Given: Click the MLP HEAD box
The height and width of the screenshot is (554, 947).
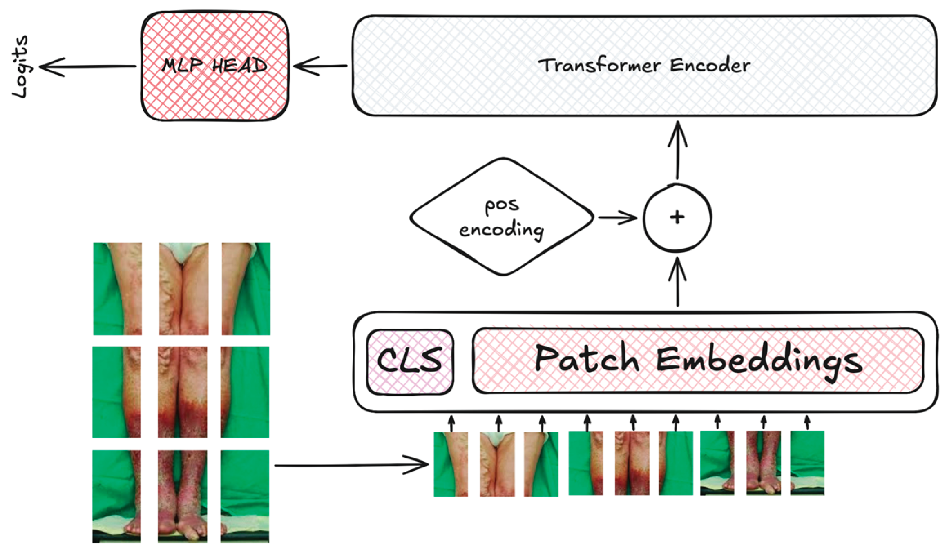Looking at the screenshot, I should click(x=214, y=66).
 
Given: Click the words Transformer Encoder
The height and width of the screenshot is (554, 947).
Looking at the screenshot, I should click(x=644, y=66).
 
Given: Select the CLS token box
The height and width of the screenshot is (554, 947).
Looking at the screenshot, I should click(x=410, y=362).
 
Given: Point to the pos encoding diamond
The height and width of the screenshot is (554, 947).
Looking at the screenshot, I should click(x=502, y=217).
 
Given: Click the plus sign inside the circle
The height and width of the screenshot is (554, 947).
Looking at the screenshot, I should click(x=677, y=217).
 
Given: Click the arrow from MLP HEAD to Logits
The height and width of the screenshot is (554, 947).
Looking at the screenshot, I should click(x=88, y=66).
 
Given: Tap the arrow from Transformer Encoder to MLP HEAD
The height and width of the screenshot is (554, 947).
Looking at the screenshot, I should click(x=320, y=66).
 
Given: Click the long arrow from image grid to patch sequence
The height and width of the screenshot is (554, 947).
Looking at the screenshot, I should click(x=351, y=465).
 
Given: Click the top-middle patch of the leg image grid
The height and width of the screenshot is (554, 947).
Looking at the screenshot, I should click(x=183, y=289).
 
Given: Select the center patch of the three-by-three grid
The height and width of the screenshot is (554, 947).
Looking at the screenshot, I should click(x=183, y=392).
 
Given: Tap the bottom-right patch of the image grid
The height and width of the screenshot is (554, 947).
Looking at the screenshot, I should click(x=245, y=496).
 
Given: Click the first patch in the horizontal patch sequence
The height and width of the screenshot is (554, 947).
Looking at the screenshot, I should click(x=451, y=464).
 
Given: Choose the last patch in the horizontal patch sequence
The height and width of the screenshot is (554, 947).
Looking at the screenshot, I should click(x=807, y=463).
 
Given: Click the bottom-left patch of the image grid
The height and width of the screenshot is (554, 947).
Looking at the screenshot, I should click(x=116, y=496).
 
